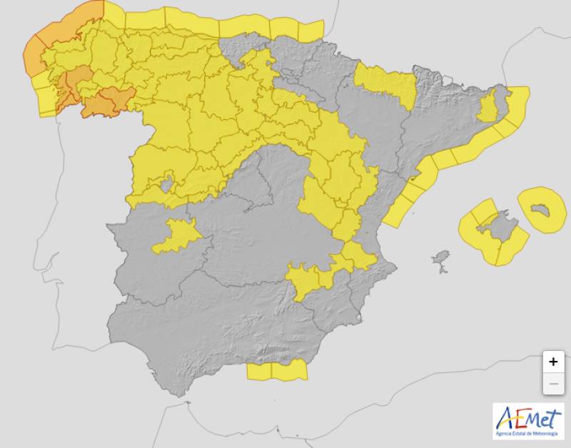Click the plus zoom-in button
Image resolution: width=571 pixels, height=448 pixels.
click(x=552, y=362)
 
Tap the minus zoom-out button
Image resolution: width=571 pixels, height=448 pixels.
click(x=552, y=385)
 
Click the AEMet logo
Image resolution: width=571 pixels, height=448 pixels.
click(x=527, y=421)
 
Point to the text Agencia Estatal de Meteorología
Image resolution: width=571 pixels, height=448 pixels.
click(x=527, y=434)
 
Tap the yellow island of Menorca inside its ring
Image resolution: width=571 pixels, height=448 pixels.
click(x=542, y=209)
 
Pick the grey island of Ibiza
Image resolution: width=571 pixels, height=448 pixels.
click(x=442, y=258)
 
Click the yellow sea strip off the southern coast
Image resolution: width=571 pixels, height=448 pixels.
click(x=277, y=371)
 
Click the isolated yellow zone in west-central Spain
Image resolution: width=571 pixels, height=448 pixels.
click(x=176, y=236)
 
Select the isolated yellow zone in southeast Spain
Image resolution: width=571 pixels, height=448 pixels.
click(x=307, y=278)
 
